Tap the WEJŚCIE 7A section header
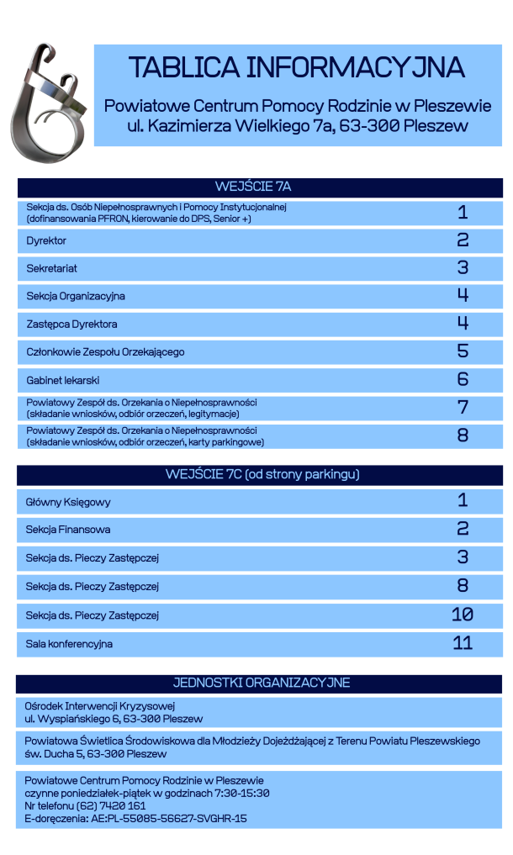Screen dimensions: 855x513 click(x=258, y=187)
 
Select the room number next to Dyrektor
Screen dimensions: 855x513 click(x=463, y=240)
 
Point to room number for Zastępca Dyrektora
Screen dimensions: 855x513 click(x=463, y=324)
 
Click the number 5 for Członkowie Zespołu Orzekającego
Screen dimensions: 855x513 click(x=463, y=351)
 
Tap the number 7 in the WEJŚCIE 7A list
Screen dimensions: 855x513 click(x=463, y=408)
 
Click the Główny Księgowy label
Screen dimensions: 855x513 click(x=68, y=502)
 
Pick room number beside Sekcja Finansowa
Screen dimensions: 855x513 click(x=463, y=529)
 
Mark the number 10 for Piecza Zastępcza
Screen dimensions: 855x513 click(x=463, y=615)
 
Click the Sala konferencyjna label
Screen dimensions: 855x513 click(x=69, y=644)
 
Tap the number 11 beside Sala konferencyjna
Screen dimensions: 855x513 click(x=463, y=643)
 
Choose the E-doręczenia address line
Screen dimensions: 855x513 click(x=135, y=818)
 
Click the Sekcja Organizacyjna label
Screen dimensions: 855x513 click(x=76, y=296)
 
